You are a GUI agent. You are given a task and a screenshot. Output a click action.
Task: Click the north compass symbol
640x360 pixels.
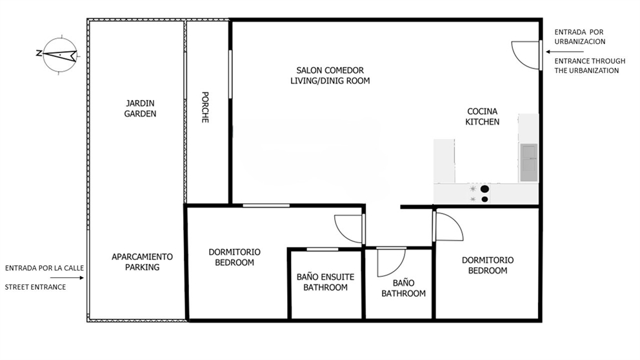59,54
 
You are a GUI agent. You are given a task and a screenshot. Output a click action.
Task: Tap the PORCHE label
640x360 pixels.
205,107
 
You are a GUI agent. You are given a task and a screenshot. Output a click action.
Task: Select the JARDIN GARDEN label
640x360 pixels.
140,108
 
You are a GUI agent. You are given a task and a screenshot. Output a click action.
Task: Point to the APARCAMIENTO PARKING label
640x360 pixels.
142,262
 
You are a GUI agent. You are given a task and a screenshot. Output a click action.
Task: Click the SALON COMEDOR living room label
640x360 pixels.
330,75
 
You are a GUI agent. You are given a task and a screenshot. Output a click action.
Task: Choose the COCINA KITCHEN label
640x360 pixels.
483,116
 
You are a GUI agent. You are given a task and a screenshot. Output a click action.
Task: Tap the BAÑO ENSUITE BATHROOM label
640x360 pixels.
325,282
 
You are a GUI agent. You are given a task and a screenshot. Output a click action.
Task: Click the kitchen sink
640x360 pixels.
528,163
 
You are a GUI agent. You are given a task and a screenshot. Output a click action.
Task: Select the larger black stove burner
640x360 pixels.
485,188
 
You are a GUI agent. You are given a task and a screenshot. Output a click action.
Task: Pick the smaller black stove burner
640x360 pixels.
485,199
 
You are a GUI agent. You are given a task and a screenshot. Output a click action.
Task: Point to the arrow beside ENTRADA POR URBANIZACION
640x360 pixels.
565,52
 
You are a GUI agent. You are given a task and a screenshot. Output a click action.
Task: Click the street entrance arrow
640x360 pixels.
67,278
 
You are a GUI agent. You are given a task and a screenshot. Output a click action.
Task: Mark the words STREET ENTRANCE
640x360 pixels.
35,287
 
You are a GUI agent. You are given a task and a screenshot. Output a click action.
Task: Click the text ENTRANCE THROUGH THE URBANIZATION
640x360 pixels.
590,66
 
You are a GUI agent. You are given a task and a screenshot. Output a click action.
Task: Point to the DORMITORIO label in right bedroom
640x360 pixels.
488,260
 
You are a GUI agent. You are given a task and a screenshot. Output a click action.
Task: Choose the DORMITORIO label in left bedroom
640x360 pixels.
235,252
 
